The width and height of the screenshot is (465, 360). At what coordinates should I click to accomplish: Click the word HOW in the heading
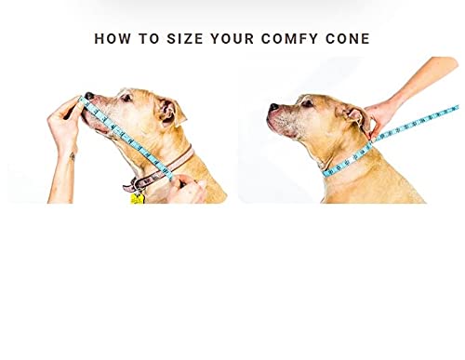pos(114,39)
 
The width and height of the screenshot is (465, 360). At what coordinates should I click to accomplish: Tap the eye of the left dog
pos(126,97)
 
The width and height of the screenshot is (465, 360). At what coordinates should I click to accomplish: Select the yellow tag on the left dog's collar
pos(138,197)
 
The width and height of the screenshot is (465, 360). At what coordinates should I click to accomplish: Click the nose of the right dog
pos(272,109)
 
